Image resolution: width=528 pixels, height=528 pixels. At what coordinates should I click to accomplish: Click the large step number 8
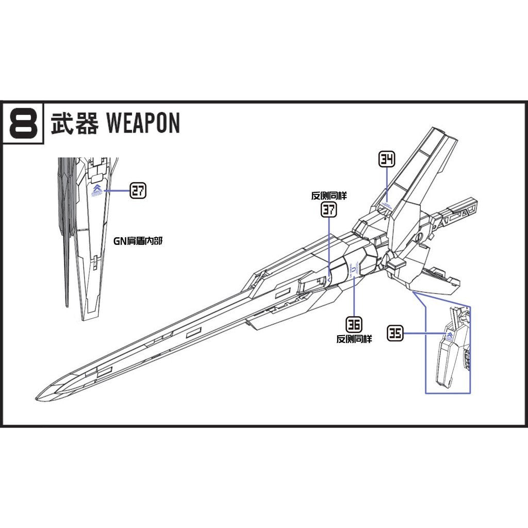23,123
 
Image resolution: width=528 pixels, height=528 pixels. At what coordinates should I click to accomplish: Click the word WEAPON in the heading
143,123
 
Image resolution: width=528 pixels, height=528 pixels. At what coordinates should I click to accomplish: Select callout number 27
138,191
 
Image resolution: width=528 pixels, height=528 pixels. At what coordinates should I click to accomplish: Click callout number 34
387,160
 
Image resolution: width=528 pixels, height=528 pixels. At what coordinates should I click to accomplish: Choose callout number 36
354,324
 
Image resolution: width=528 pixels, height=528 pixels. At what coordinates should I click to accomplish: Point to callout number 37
329,209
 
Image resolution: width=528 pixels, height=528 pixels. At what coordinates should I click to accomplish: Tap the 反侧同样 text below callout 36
354,339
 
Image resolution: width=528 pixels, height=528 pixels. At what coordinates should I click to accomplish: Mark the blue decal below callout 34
386,205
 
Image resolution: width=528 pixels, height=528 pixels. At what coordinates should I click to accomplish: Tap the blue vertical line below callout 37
329,247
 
